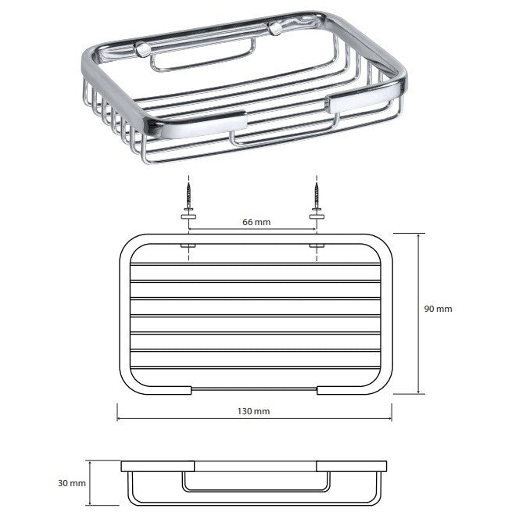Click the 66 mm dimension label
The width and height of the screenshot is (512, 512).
(256, 222)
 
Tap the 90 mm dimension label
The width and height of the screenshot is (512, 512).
(438, 309)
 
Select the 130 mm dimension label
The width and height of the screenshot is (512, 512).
(253, 411)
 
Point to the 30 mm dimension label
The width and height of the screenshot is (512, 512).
(71, 483)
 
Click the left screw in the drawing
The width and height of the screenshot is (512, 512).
(188, 196)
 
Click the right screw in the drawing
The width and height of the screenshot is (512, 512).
(317, 196)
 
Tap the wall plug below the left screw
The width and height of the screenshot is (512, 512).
(188, 217)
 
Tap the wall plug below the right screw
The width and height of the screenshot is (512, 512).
(317, 217)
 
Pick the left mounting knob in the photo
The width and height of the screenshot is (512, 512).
(143, 49)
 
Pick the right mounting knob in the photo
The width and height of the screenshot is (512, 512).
(275, 29)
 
